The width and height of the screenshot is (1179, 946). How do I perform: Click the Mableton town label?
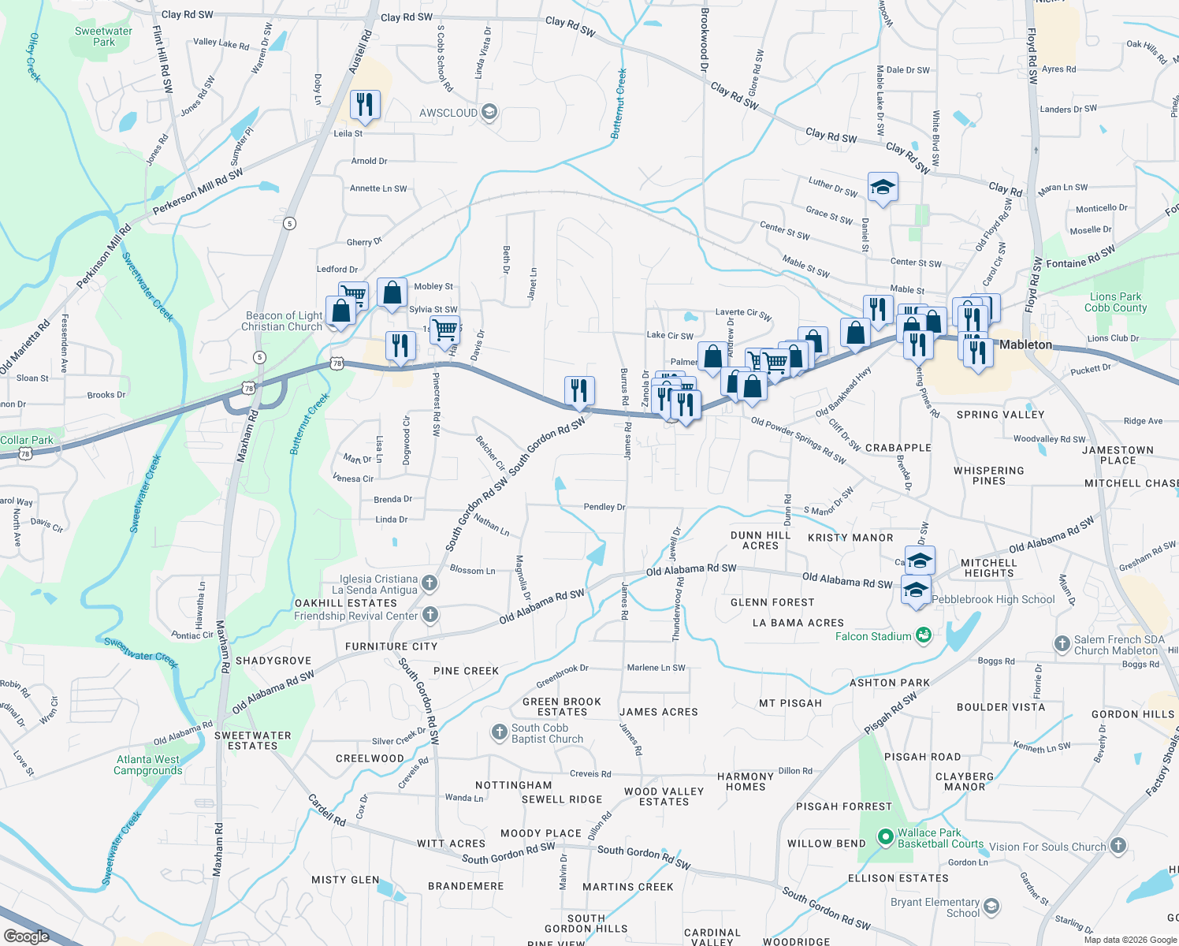click(x=1025, y=345)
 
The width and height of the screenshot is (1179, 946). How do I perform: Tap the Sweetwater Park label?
click(x=103, y=37)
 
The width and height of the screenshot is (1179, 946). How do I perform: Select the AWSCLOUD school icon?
click(x=489, y=113)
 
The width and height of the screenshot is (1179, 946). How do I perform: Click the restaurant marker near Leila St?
click(x=365, y=103)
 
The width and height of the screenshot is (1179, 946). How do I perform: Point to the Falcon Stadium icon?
click(x=924, y=635)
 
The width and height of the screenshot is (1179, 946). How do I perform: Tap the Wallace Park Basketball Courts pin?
click(x=886, y=836)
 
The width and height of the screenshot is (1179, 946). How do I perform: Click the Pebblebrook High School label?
click(x=993, y=599)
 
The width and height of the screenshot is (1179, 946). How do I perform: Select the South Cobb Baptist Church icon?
click(x=499, y=732)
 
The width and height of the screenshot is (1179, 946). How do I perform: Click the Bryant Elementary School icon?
click(x=991, y=907)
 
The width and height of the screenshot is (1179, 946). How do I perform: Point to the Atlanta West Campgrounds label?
click(x=148, y=765)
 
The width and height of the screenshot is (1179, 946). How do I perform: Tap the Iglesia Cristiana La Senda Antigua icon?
click(x=430, y=583)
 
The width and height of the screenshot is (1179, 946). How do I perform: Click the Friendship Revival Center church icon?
click(x=430, y=615)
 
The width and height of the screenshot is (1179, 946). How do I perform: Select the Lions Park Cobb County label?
click(x=1115, y=302)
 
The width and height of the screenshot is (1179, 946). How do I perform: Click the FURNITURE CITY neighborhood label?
click(x=391, y=646)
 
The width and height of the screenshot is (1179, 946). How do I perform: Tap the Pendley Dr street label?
click(x=604, y=507)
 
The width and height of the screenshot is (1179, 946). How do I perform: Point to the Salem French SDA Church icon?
click(x=1062, y=644)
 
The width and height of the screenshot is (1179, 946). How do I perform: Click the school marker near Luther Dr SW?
click(x=883, y=187)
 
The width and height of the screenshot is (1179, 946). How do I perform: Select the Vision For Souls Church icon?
click(x=1118, y=846)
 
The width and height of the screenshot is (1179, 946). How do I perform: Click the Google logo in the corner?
click(x=26, y=937)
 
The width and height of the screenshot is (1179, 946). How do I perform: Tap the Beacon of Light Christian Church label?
click(x=282, y=321)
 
